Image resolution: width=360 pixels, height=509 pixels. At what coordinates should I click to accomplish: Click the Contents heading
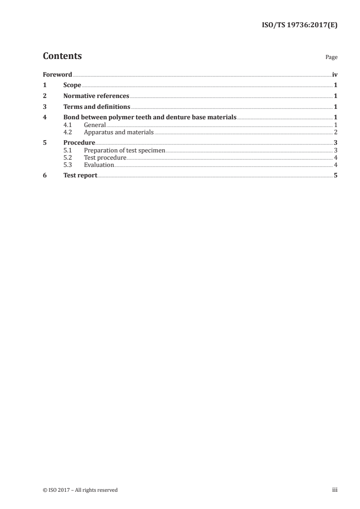pyautogui.click(x=62, y=56)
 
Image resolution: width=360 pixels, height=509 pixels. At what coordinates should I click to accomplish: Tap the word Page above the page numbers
pyautogui.click(x=331, y=58)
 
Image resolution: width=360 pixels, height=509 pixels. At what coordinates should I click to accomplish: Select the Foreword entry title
pyautogui.click(x=57, y=74)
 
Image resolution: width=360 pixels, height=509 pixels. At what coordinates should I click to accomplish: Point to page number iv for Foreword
pyautogui.click(x=335, y=74)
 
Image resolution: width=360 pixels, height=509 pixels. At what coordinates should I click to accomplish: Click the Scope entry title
pyautogui.click(x=72, y=85)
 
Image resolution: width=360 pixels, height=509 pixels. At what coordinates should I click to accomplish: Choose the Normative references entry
pyautogui.click(x=96, y=96)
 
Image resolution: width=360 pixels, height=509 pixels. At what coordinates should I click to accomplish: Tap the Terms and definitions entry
pyautogui.click(x=97, y=107)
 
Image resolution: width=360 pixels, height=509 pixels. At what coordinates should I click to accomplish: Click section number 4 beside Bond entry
pyautogui.click(x=44, y=117)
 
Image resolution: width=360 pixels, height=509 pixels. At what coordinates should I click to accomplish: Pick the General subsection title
pyautogui.click(x=94, y=125)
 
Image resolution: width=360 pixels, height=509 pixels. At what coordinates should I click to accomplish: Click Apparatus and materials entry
pyautogui.click(x=119, y=132)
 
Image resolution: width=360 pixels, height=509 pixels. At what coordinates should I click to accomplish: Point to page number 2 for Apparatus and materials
pyautogui.click(x=335, y=132)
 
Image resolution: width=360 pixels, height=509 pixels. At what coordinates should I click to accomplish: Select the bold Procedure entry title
pyautogui.click(x=79, y=143)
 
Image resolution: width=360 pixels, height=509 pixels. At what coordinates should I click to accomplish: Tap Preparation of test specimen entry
pyautogui.click(x=125, y=150)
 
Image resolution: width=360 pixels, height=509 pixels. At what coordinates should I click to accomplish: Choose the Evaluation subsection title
pyautogui.click(x=99, y=165)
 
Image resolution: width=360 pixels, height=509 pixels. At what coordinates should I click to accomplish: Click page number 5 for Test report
pyautogui.click(x=335, y=176)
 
